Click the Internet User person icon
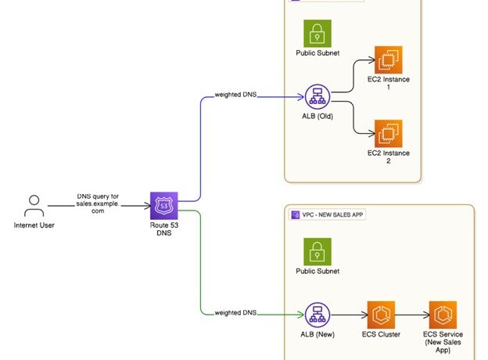click(x=33, y=206)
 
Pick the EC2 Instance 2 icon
click(x=389, y=133)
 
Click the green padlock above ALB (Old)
click(x=318, y=33)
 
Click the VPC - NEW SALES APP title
click(x=334, y=214)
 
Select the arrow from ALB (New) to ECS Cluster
click(x=350, y=315)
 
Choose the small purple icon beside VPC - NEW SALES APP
click(x=296, y=214)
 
